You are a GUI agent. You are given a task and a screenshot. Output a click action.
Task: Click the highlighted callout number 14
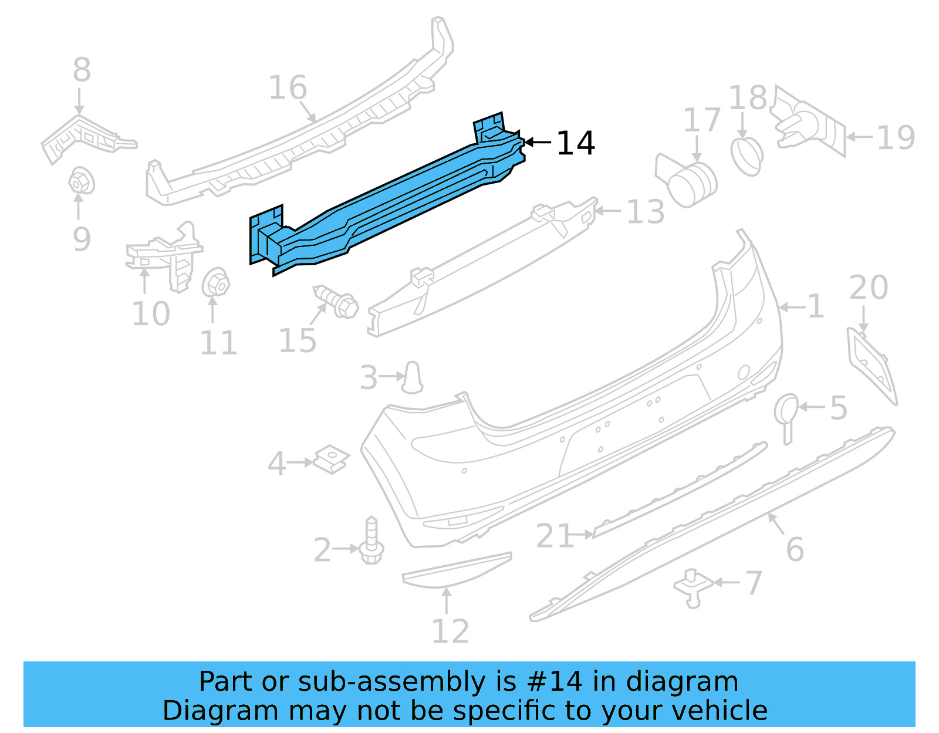coord(575,143)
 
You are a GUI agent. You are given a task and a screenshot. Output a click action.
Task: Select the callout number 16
coord(288,88)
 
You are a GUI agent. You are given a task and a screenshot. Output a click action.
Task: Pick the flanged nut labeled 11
coord(215,283)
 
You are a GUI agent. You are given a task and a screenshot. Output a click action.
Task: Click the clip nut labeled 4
coord(332,460)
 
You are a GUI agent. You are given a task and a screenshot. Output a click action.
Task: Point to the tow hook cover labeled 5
coord(786,413)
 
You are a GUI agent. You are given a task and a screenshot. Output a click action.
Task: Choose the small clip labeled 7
coord(693,587)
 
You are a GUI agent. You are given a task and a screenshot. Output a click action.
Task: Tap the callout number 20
coord(869,288)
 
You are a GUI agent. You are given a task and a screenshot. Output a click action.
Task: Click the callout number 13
coord(645,212)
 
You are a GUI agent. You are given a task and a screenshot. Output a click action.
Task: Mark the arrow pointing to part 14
coord(537,142)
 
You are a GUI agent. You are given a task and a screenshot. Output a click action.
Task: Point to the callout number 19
coord(895,138)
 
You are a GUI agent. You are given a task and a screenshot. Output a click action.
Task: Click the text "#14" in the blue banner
coord(554,682)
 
